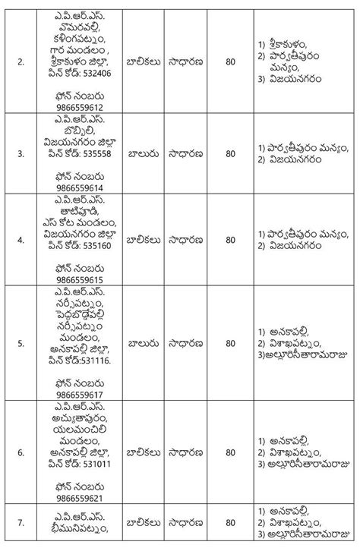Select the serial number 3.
pos(20,153)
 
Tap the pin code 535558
pos(96,151)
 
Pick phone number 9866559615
pos(79,279)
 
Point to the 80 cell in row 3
pos(230,153)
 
